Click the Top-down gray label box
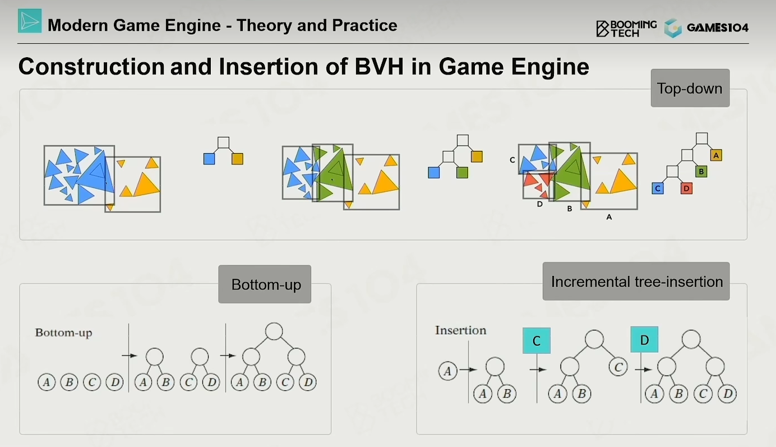(x=690, y=88)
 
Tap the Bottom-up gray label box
(x=265, y=284)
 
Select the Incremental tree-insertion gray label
(x=636, y=282)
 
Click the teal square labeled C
(x=537, y=340)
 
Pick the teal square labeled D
(x=644, y=339)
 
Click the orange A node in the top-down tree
(x=716, y=155)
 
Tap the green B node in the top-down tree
(x=701, y=172)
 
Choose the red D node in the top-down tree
(x=686, y=188)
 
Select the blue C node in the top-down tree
(x=658, y=188)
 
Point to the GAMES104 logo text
(x=718, y=27)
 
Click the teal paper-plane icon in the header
(x=30, y=21)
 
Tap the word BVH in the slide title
(x=380, y=67)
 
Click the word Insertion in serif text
(x=461, y=330)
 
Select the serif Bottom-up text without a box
(x=64, y=333)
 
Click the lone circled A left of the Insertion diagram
(x=447, y=371)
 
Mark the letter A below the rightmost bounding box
(x=609, y=217)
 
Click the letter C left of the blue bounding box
(x=512, y=160)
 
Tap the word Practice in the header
(x=364, y=25)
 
